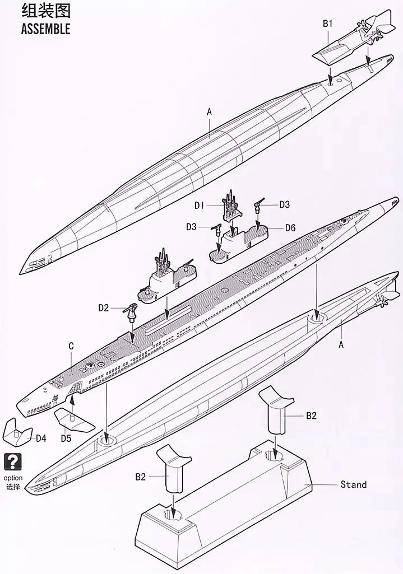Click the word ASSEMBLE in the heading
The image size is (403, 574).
click(x=45, y=29)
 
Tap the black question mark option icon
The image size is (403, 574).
click(x=13, y=463)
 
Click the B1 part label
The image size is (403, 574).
click(x=327, y=24)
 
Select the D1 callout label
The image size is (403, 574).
click(x=199, y=206)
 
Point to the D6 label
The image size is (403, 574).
click(x=290, y=228)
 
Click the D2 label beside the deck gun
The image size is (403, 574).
click(x=104, y=308)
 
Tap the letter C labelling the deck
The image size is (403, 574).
click(x=71, y=346)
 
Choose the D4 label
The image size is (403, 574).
click(x=41, y=438)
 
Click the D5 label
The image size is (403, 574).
click(x=66, y=438)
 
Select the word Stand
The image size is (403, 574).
click(x=353, y=484)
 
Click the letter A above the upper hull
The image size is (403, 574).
click(x=209, y=111)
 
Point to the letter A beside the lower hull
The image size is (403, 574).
click(x=341, y=344)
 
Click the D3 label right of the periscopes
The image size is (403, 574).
click(x=284, y=204)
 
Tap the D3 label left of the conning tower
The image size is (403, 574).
click(x=191, y=227)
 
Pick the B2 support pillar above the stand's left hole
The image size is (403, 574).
click(x=173, y=469)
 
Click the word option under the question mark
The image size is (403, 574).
click(x=13, y=478)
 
